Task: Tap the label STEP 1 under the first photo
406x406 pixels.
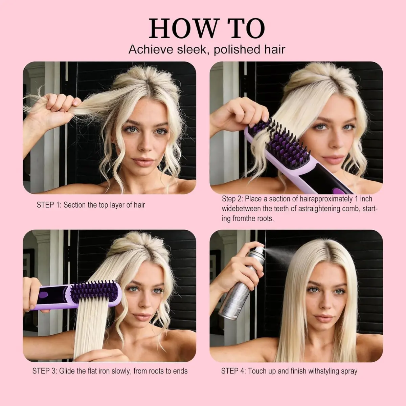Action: [x=49, y=205]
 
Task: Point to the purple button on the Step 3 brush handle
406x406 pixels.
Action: [x=43, y=295]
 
